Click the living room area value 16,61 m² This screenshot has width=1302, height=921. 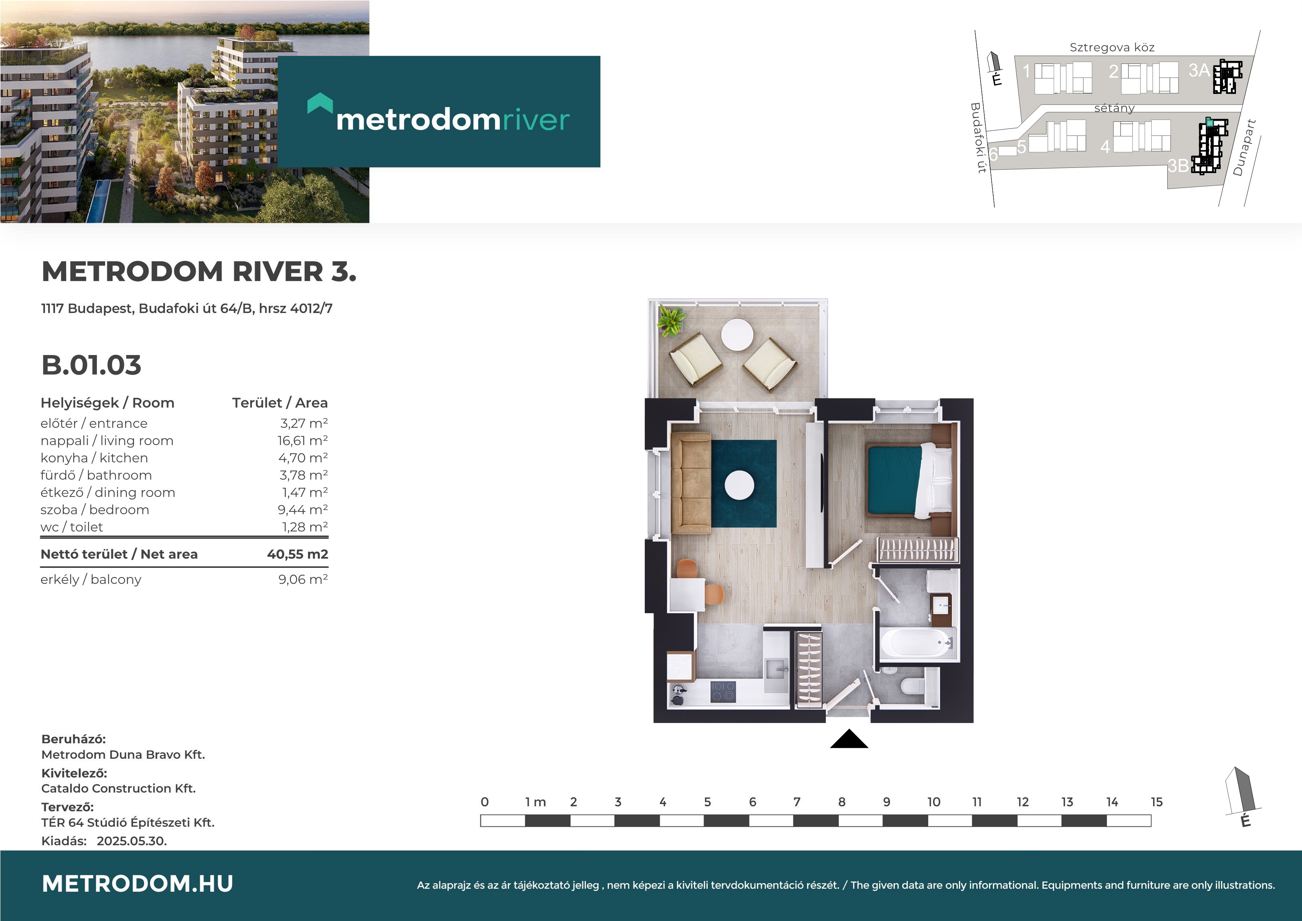(x=302, y=440)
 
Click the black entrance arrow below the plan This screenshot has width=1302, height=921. (x=849, y=739)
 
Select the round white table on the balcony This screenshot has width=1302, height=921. (x=737, y=335)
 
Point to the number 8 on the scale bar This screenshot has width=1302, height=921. (x=841, y=802)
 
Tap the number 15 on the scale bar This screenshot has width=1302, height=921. (x=1157, y=802)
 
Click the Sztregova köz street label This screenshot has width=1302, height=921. (x=1112, y=48)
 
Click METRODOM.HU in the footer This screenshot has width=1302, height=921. (x=138, y=883)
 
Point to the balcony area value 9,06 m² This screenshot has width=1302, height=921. (x=303, y=579)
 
